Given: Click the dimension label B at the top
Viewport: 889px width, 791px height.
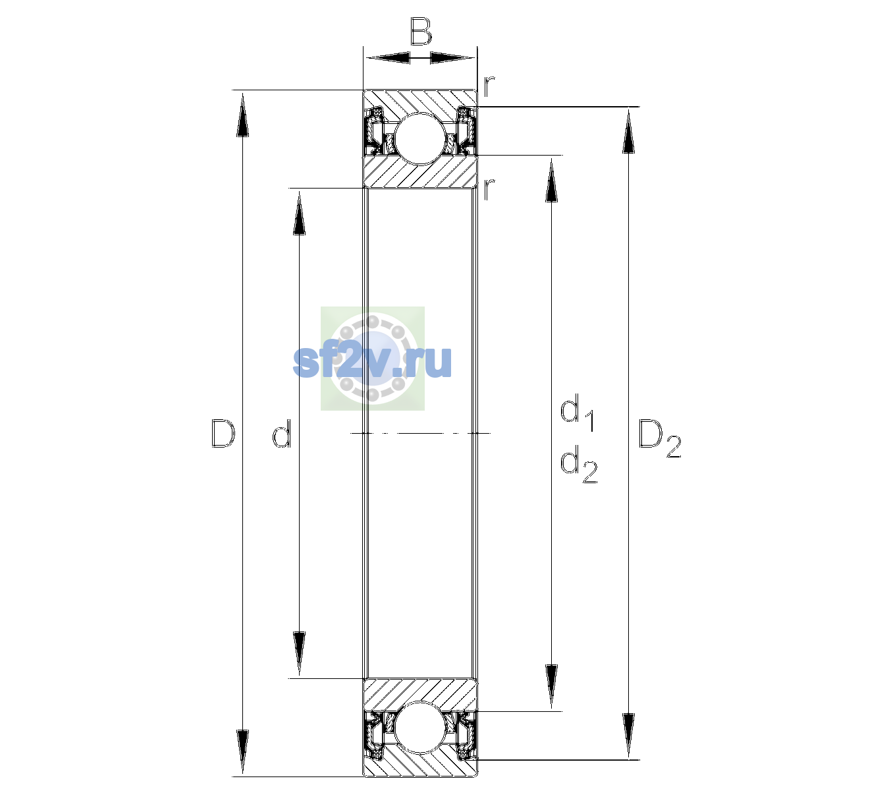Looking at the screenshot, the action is (420, 31).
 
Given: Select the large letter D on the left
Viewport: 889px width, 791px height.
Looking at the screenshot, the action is (223, 433).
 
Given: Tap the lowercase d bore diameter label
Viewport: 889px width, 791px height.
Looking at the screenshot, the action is (282, 434).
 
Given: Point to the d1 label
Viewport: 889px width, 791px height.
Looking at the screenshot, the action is (577, 412).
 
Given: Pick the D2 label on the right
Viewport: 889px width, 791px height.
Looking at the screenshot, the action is (660, 438).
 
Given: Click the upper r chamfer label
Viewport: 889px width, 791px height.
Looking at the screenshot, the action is (489, 86).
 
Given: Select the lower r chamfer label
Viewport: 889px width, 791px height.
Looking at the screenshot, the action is (489, 189).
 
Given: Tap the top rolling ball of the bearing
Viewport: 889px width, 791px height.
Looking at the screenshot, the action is (420, 139).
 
